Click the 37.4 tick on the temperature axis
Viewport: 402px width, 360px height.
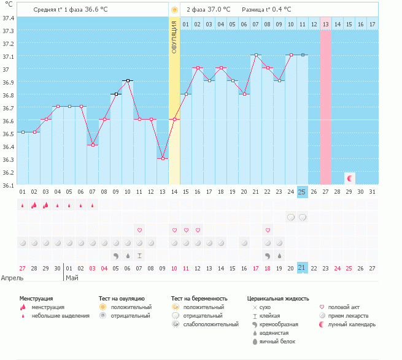(9, 18)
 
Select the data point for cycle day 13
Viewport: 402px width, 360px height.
(163, 158)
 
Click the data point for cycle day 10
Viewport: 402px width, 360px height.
(128, 80)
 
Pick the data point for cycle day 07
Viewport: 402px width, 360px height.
(93, 145)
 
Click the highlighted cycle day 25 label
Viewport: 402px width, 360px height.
(302, 191)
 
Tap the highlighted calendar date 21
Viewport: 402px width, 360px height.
(302, 268)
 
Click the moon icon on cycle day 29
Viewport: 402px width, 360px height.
(350, 178)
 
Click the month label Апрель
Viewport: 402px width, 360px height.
(12, 278)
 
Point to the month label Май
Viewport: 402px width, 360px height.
(72, 278)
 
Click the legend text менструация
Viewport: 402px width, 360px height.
(49, 307)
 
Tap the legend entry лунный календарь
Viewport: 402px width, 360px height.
(352, 324)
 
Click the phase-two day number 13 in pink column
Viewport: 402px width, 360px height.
(325, 24)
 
